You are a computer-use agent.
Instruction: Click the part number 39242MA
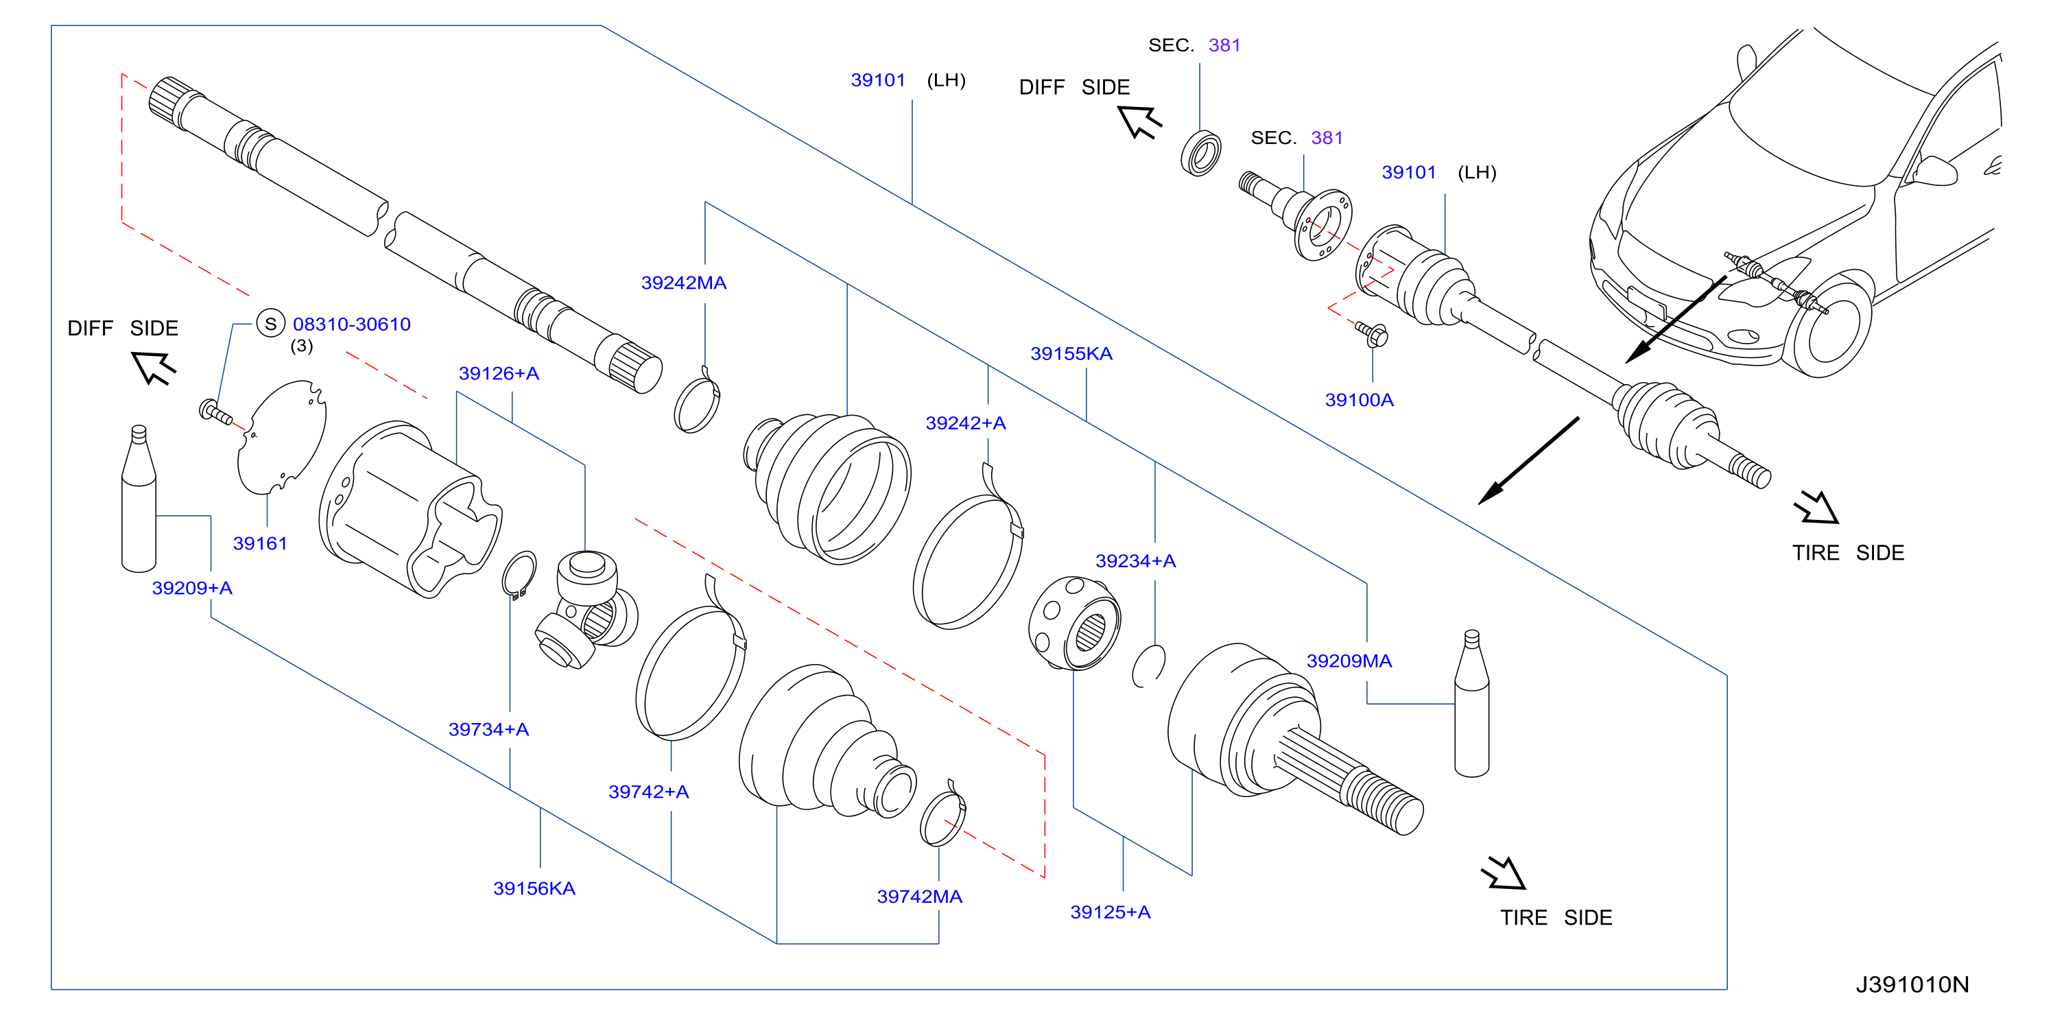point(683,283)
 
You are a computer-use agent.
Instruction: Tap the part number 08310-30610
point(351,324)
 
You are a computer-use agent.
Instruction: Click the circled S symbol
point(271,324)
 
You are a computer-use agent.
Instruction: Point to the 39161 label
point(260,544)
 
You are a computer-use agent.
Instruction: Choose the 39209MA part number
point(1349,661)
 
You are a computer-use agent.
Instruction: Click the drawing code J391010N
point(1912,984)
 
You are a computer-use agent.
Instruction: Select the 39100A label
point(1359,400)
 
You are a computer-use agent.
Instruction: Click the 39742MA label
point(919,897)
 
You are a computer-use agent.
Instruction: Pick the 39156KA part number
point(534,889)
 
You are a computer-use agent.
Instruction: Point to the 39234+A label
point(1135,561)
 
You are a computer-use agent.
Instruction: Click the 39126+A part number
point(499,374)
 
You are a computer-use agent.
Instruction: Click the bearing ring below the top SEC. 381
point(1201,153)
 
